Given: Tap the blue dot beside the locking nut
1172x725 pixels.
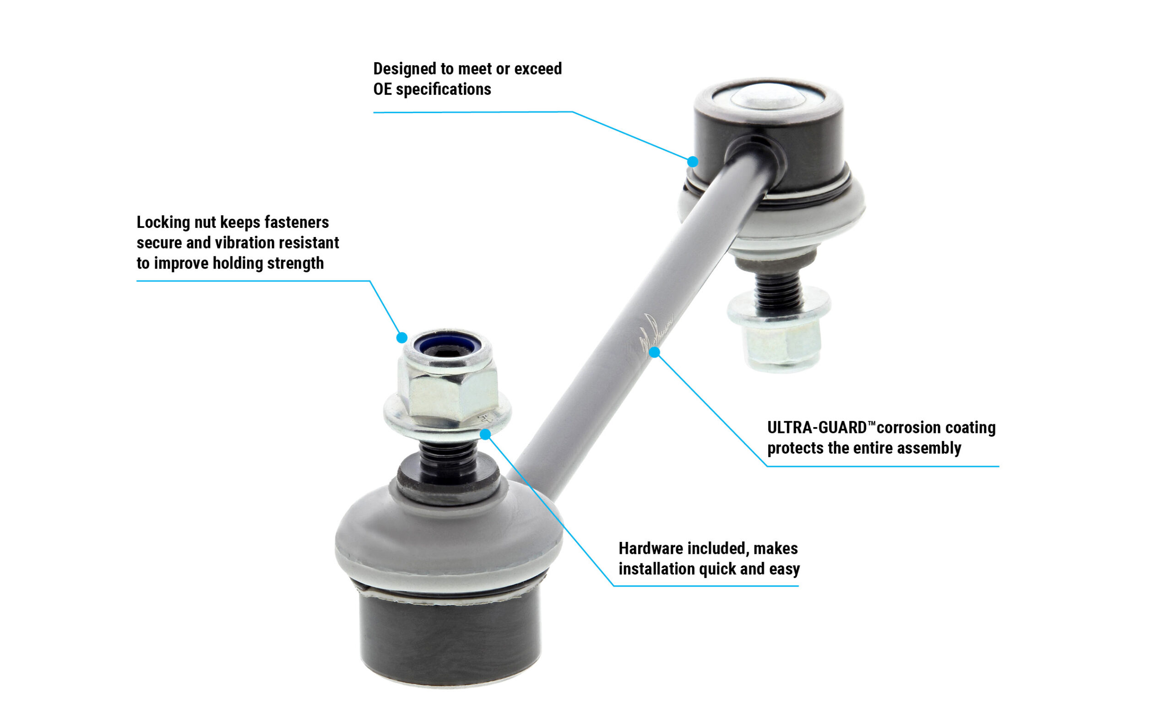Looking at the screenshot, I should coord(402,338).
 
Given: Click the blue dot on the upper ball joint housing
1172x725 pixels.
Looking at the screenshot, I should coord(693,162).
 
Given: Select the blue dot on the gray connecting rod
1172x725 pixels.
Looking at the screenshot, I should coord(655,352).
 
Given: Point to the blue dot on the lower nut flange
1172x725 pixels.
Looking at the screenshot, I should coord(485,434).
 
